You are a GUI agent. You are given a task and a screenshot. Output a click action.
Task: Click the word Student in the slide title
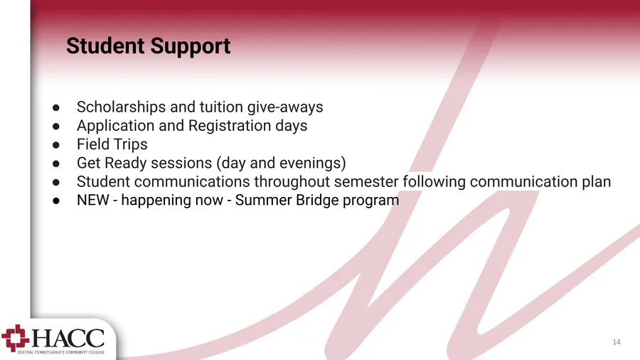(105, 46)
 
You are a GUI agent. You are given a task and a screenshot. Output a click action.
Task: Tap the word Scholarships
(121, 107)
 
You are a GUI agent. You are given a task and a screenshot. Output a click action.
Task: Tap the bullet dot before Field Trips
(56, 145)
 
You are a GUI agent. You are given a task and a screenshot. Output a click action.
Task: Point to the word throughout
(292, 181)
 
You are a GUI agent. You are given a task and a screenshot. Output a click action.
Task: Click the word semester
(366, 182)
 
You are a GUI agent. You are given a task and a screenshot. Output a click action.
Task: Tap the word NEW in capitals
(92, 200)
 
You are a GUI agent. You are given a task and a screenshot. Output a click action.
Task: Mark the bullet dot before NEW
(56, 201)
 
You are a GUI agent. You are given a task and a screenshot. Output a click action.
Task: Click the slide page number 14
(617, 342)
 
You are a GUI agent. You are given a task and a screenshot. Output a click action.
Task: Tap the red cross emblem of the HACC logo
(16, 338)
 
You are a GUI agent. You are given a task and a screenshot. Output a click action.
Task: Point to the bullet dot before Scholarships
(56, 107)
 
